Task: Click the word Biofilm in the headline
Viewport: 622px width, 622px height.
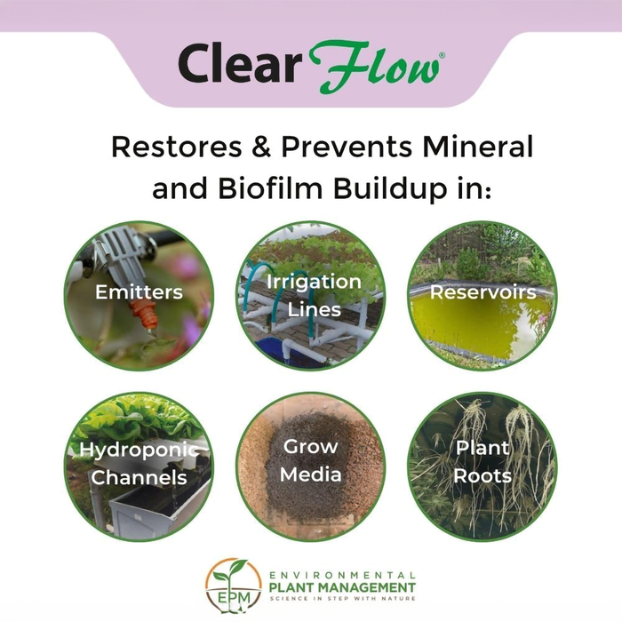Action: click(275, 189)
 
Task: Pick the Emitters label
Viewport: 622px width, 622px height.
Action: click(139, 292)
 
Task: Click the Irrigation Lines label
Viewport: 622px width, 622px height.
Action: click(311, 296)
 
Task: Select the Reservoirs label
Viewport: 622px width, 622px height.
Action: click(482, 292)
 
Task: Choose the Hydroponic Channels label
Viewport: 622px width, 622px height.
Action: click(139, 463)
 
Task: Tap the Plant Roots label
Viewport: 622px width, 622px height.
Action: click(482, 461)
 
